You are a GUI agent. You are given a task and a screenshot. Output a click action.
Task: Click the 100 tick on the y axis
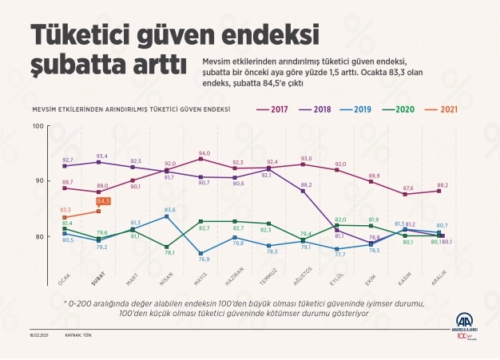pos(37,126)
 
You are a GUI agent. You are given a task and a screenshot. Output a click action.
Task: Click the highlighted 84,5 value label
pos(103,202)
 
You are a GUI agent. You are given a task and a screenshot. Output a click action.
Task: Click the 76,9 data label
pos(204,259)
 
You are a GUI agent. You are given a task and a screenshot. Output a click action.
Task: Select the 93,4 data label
pos(102,156)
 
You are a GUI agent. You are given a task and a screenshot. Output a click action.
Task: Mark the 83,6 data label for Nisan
pos(170,209)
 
